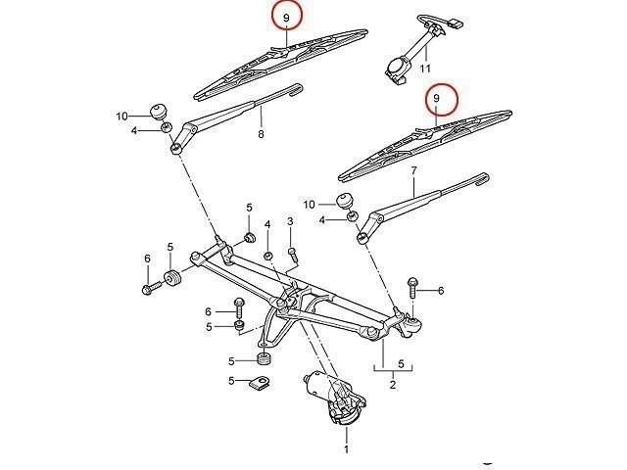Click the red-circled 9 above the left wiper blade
pos(286,17)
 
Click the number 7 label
pos(414,170)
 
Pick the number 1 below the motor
pos(345,451)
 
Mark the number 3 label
pos(291,223)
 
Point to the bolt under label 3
pos(292,254)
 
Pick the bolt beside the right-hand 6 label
pos(412,290)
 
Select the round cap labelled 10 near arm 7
pos(345,203)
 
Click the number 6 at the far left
pos(147,258)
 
